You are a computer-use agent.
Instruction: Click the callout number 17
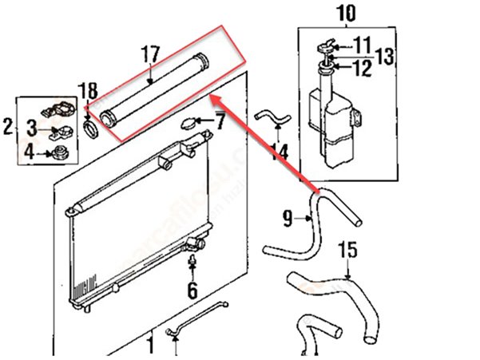151,55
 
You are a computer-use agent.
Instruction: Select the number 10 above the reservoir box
346,13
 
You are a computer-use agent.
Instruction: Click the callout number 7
220,123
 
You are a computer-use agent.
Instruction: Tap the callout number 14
279,149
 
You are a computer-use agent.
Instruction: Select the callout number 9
288,216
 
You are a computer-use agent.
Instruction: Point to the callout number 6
192,290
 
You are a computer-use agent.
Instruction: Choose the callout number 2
8,125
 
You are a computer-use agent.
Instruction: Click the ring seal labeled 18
92,128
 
